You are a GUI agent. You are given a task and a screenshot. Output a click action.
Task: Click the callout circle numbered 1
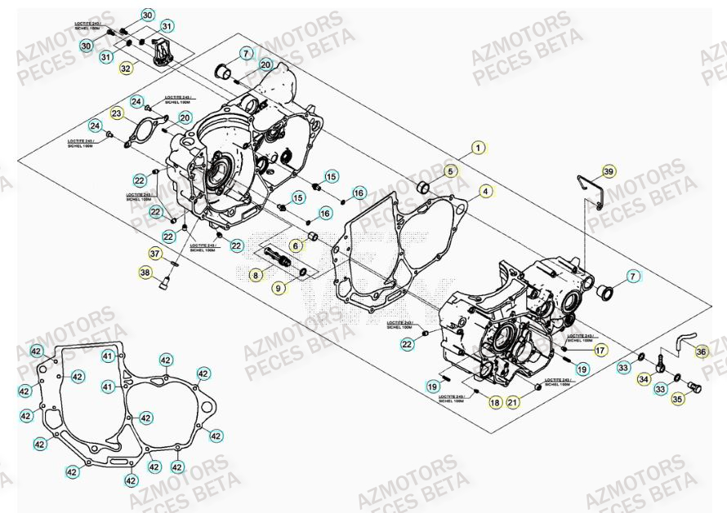coord(479,148)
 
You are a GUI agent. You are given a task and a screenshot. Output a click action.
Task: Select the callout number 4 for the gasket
coord(485,192)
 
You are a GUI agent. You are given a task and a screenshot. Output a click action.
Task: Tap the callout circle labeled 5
coord(450,171)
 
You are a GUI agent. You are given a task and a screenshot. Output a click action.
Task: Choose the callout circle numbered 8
coord(256,276)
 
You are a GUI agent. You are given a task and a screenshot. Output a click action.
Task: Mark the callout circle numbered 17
coord(600,351)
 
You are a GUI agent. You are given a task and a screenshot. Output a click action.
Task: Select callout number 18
coord(495,402)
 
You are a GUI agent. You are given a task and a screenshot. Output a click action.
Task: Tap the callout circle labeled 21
coord(513,402)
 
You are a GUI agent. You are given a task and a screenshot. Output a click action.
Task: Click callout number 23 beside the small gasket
coord(117,113)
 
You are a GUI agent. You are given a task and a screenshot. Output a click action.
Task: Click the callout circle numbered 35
coord(677,400)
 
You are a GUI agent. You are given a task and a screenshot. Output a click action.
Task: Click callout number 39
coord(609,171)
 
